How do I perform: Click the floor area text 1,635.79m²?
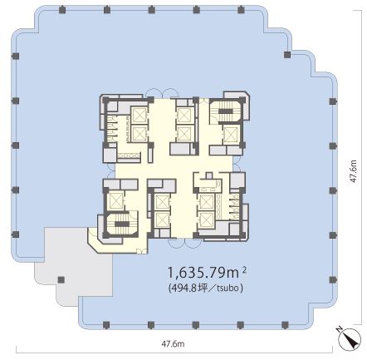[207, 273]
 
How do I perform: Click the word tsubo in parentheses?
[228, 288]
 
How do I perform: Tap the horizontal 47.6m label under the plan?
[173, 344]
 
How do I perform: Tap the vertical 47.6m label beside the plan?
[353, 171]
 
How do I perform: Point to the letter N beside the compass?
[339, 329]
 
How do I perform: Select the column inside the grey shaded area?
[61, 279]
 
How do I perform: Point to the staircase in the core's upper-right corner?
[226, 111]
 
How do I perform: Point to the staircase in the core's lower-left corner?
[120, 224]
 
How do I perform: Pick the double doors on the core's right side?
[237, 164]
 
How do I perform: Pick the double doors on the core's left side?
[111, 170]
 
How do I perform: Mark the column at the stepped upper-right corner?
[287, 55]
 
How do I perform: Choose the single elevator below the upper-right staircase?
[231, 135]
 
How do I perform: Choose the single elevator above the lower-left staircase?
[115, 200]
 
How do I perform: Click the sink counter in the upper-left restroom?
[129, 156]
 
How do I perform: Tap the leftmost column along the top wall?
[62, 10]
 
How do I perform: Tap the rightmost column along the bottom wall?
[285, 325]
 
